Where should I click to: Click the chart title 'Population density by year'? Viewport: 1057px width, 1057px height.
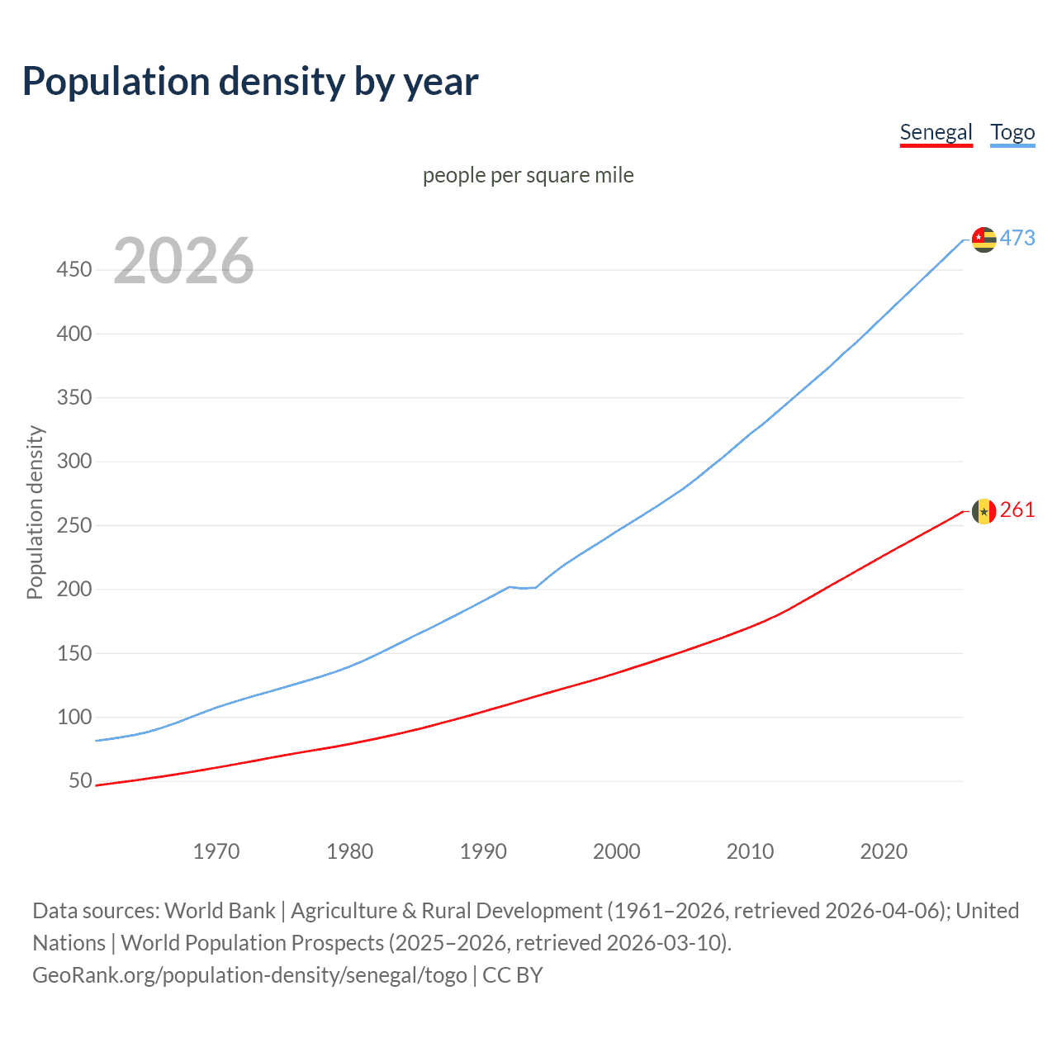[250, 82]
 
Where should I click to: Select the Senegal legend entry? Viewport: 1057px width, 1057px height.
[936, 132]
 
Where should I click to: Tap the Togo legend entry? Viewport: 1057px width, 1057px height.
[1012, 132]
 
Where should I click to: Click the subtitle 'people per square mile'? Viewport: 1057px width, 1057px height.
[528, 175]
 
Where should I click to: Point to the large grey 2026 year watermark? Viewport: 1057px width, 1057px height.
[183, 261]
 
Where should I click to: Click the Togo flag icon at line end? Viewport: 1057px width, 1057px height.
[984, 239]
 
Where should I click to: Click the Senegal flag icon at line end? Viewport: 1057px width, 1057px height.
[984, 511]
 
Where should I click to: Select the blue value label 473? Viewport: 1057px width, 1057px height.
[1017, 238]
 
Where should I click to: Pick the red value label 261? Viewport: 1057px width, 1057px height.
[1017, 510]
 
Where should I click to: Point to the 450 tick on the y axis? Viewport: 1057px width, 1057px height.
[74, 270]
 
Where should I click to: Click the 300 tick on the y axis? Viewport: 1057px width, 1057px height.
[74, 462]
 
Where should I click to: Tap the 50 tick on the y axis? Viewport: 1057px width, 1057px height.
[80, 780]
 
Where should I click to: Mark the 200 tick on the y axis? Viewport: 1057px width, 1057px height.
[74, 589]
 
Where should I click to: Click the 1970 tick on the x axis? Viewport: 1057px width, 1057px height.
[216, 851]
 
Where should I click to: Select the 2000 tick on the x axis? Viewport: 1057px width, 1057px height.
[616, 851]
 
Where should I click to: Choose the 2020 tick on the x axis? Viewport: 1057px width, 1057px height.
[884, 851]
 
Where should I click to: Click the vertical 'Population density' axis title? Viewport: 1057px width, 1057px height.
[35, 512]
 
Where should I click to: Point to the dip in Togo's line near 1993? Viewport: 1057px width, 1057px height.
[523, 588]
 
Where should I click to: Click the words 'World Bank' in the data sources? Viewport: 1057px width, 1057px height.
[220, 911]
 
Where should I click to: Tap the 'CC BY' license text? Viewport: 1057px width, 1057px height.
[512, 975]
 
